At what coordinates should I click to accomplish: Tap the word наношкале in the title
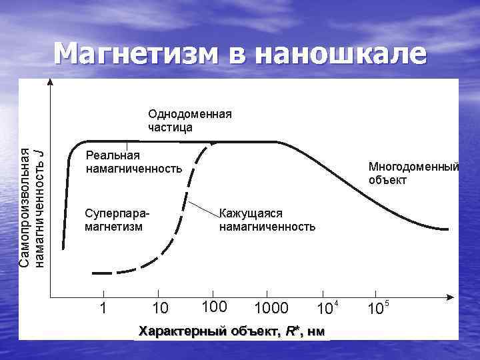(x=341, y=53)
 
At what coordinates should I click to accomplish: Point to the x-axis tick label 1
(x=103, y=309)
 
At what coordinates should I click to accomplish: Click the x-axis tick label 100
(x=213, y=307)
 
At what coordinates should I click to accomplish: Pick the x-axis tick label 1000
(x=271, y=309)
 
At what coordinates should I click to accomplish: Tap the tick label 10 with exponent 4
(x=326, y=308)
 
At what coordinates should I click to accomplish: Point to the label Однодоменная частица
(x=190, y=120)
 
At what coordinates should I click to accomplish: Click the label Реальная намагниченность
(x=134, y=162)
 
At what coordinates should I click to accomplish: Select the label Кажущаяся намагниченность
(x=267, y=219)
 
